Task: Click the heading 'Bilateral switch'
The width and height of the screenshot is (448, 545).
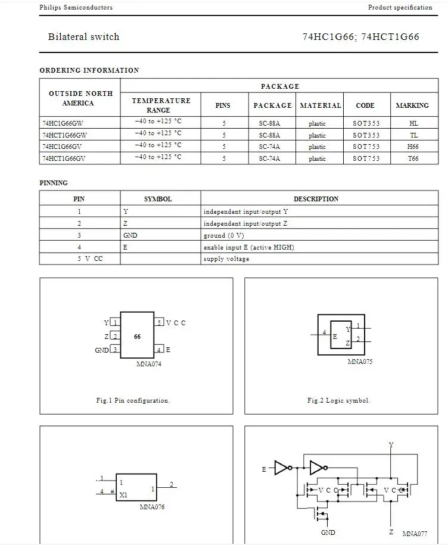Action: click(83, 37)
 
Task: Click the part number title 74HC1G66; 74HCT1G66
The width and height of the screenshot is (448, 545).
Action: click(361, 37)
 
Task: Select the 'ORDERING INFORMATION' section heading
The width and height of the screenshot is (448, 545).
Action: click(89, 70)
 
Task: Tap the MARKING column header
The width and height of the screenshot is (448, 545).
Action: click(412, 105)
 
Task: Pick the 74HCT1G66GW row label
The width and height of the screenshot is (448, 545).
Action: click(64, 135)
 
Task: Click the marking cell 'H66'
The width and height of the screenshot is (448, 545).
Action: click(413, 147)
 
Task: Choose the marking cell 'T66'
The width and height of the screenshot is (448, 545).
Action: click(413, 158)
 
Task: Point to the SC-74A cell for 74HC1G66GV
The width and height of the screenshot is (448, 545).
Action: click(269, 147)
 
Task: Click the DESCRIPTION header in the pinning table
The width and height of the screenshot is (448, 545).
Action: click(316, 199)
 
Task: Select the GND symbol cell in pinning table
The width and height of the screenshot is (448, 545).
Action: click(130, 235)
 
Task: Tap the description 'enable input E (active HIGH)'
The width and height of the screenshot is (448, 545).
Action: click(248, 247)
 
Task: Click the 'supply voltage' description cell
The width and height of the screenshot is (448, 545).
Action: click(226, 259)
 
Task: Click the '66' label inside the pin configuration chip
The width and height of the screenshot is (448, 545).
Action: click(138, 337)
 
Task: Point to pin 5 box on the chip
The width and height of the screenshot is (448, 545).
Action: click(160, 323)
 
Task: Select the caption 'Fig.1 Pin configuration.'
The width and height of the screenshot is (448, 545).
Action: click(133, 400)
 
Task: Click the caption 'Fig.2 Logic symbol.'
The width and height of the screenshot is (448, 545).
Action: click(338, 400)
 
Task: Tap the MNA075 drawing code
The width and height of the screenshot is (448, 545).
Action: click(360, 362)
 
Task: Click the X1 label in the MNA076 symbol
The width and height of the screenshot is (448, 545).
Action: click(123, 495)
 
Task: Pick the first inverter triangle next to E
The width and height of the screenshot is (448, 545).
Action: click(282, 468)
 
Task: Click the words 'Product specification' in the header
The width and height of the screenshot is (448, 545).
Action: click(400, 8)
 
